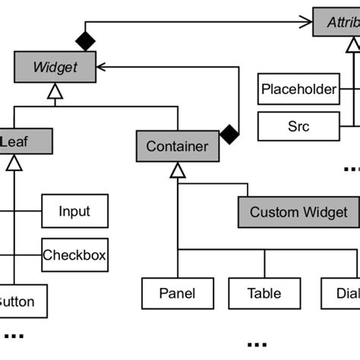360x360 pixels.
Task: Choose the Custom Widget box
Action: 298,213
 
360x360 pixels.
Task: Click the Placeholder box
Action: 298,90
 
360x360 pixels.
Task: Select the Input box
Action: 74,211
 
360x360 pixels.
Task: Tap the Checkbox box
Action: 74,254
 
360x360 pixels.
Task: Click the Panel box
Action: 177,294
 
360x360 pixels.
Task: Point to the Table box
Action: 264,294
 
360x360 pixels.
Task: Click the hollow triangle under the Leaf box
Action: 13,163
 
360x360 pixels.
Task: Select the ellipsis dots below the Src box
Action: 351,168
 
